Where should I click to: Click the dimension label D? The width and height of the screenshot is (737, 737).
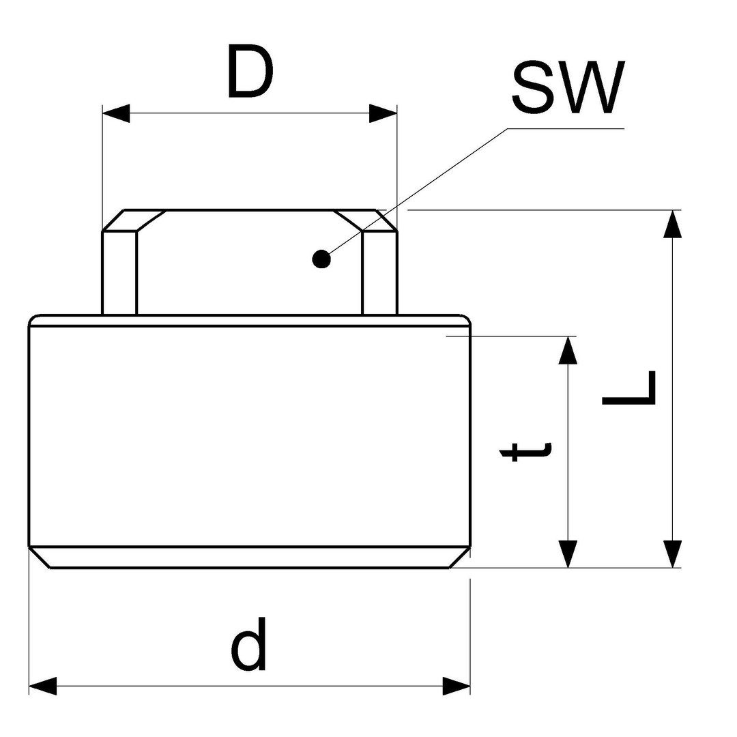click(x=250, y=71)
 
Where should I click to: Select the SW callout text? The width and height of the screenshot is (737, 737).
click(x=568, y=87)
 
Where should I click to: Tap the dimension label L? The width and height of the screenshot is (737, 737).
click(x=628, y=388)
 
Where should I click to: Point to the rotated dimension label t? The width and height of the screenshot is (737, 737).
click(x=525, y=452)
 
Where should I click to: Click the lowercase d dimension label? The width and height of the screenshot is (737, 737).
click(x=248, y=644)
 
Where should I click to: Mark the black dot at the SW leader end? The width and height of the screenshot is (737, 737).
click(x=321, y=259)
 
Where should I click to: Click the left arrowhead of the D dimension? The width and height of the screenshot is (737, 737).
click(x=115, y=113)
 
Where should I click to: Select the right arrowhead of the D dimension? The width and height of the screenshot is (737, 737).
click(x=383, y=113)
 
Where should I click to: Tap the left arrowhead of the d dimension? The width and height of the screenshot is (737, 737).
click(x=42, y=686)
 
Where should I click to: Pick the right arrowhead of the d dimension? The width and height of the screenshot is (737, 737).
click(x=457, y=686)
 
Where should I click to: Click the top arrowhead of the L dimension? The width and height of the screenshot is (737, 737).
click(x=672, y=224)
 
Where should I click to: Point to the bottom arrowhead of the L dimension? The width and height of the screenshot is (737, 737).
click(x=672, y=553)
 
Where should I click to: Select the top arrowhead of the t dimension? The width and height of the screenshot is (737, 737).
click(x=568, y=350)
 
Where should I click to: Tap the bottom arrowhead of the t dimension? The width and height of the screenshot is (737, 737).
click(x=568, y=553)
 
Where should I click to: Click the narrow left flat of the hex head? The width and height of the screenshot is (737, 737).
click(x=119, y=273)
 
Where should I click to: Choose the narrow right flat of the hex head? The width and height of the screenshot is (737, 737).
click(x=379, y=273)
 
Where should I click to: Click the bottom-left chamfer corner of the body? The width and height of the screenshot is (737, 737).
click(x=40, y=557)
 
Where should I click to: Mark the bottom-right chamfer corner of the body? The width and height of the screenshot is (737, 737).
click(x=459, y=557)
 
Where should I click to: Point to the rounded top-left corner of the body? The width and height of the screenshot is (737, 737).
click(x=33, y=319)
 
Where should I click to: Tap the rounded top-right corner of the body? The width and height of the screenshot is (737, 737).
click(x=465, y=319)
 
